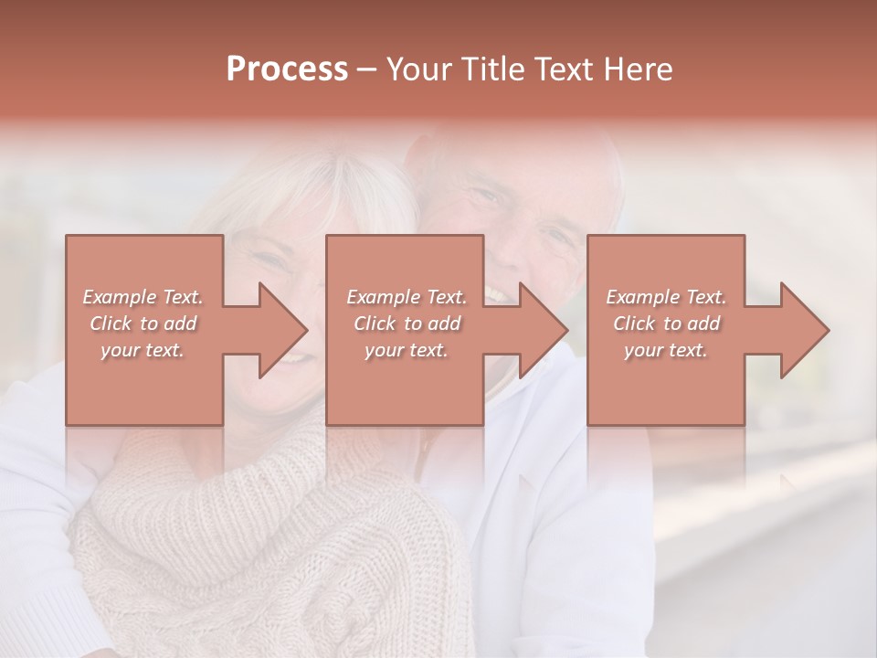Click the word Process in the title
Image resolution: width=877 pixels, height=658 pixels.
coord(287,69)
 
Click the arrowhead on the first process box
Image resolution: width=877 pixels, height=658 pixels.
coord(279,330)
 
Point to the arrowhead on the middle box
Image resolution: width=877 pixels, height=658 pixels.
coord(540,330)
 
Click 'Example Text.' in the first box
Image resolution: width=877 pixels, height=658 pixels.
coord(143,297)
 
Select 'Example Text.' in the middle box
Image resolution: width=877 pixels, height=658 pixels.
coord(407,297)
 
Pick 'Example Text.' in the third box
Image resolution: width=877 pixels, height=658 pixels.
coord(666,297)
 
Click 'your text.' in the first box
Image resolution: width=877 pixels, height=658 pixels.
coord(143,350)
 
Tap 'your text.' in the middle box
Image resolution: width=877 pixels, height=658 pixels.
coord(406,350)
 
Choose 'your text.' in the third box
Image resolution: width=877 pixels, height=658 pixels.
coord(665,350)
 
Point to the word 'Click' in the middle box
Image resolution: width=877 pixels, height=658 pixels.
coord(375,324)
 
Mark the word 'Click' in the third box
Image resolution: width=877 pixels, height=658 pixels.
coord(634,324)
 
